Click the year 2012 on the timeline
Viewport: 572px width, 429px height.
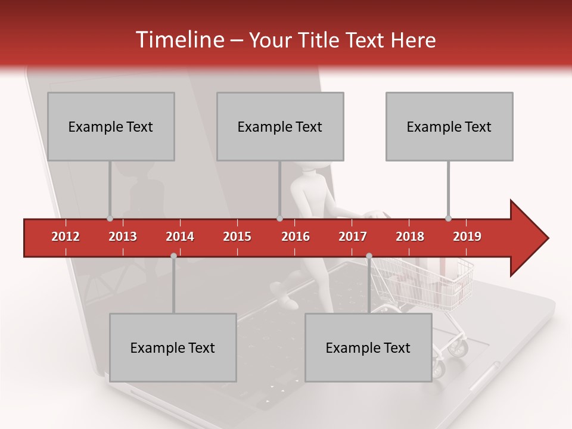[66, 237]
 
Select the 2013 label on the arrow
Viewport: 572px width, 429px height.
[123, 237]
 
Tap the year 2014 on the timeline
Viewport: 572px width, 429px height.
[180, 237]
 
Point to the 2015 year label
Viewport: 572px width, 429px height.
[237, 237]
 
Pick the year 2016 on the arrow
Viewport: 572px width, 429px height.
[296, 237]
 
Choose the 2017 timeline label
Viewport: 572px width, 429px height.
[353, 237]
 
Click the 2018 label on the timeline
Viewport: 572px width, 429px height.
[410, 237]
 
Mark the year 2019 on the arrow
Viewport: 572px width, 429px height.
[467, 237]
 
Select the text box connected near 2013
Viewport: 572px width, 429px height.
[111, 126]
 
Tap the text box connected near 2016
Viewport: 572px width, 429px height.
[280, 126]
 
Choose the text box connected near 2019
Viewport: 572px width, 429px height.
[449, 126]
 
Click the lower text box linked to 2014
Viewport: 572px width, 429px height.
[173, 347]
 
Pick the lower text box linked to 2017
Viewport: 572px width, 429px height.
[368, 347]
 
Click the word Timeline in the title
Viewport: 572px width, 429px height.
[179, 40]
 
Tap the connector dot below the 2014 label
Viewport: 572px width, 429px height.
[173, 256]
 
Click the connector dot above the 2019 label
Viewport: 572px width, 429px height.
[448, 218]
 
